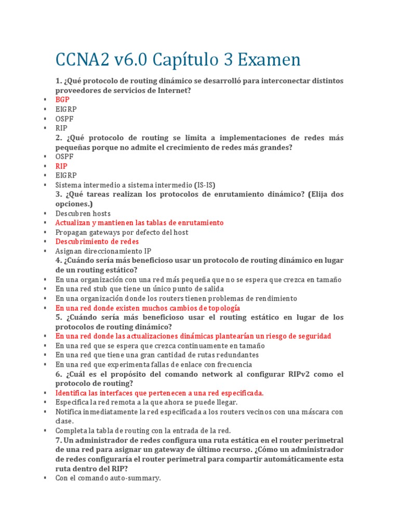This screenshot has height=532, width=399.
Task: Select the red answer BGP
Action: coord(62,100)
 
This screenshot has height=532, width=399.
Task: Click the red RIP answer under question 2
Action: coord(61,166)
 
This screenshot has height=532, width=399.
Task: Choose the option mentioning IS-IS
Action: coord(135,185)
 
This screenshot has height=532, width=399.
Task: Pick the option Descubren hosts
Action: coord(83,214)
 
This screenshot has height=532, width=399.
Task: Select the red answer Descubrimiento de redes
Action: coord(97,242)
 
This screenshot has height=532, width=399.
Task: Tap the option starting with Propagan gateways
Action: coord(122,232)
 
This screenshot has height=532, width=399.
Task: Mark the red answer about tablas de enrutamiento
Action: coord(139,223)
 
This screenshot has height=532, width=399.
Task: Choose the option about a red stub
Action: coord(140,289)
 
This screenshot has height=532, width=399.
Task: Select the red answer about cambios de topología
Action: coord(148,308)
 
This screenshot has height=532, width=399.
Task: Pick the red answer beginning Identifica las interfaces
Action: coord(159,393)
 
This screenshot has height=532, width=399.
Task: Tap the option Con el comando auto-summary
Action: coord(108,478)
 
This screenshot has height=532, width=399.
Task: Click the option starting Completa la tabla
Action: coord(143,431)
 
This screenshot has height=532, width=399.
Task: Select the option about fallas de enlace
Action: coord(154,365)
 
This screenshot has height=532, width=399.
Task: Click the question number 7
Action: coord(58,440)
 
